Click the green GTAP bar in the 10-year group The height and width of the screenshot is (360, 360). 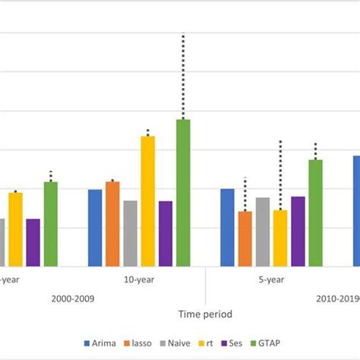[x=183, y=193]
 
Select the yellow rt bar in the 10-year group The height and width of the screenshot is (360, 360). [x=147, y=201]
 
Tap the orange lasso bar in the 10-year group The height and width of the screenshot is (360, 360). [x=112, y=224]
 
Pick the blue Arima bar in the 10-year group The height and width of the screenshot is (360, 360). [x=95, y=228]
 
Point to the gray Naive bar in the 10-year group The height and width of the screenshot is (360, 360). [x=130, y=233]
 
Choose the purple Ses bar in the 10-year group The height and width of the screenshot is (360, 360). [x=165, y=234]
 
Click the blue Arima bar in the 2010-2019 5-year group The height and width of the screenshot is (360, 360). [x=227, y=228]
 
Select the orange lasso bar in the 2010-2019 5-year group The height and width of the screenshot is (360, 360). [x=245, y=238]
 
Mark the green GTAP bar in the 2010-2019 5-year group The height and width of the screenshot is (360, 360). [x=315, y=213]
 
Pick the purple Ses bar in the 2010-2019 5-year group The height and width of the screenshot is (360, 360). [x=298, y=232]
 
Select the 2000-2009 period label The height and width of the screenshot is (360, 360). [x=74, y=298]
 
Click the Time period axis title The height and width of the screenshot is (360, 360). [x=205, y=314]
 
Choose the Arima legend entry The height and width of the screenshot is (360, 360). [x=100, y=343]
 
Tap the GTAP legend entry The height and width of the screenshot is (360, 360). [x=275, y=343]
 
